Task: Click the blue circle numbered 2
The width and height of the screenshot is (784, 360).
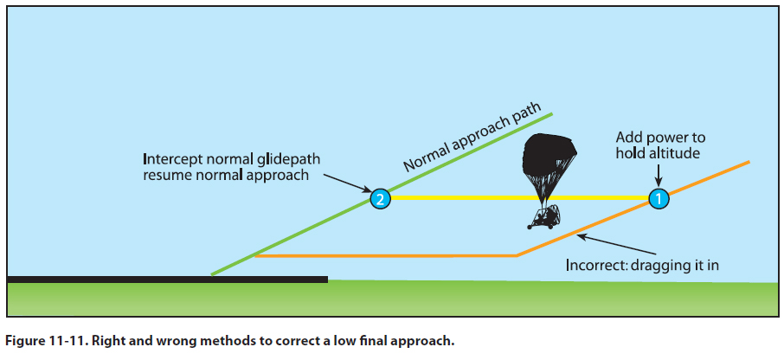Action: tap(379, 199)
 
